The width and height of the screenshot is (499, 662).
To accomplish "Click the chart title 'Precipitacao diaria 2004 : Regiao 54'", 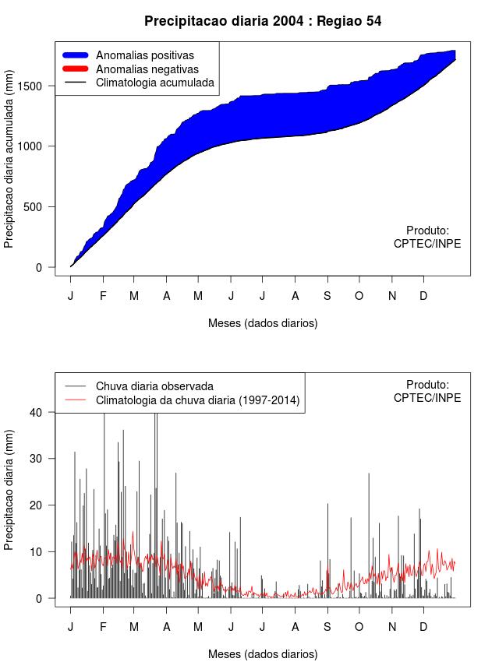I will (x=263, y=21).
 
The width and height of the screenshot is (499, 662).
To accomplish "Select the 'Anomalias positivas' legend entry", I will (x=144, y=55).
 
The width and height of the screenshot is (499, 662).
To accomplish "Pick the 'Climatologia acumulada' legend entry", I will (x=154, y=82).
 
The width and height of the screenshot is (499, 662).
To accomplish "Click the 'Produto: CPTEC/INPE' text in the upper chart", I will (x=427, y=237).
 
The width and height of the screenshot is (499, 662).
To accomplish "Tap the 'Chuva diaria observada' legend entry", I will (x=154, y=386).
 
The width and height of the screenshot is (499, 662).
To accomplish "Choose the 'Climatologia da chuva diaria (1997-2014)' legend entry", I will (x=197, y=400).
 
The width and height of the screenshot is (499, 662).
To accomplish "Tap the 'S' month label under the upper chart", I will (x=327, y=296).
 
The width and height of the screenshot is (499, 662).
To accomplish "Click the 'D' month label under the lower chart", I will (x=423, y=627).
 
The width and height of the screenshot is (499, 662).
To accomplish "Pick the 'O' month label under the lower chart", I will (x=359, y=627).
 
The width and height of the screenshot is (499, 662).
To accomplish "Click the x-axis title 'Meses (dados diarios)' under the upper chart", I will (x=263, y=322).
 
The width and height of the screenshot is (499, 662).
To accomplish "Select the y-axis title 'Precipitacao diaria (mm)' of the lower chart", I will (x=9, y=489).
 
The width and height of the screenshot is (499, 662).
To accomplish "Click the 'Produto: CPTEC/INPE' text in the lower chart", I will (x=427, y=391).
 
